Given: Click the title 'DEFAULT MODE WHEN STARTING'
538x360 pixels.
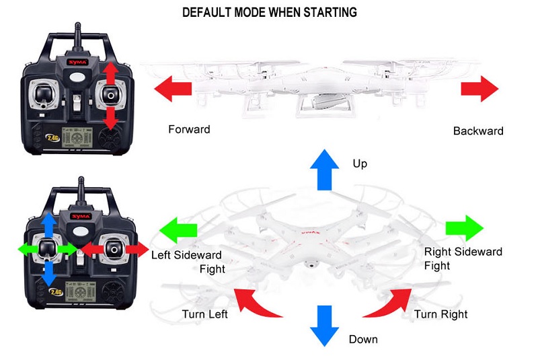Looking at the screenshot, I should (x=270, y=12).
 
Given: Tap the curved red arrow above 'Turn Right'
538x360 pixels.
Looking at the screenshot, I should (x=389, y=301).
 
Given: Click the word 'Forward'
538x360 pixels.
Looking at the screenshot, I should (x=189, y=129).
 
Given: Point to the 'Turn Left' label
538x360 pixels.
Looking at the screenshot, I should (x=204, y=314).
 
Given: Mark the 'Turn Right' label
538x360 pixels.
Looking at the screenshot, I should (x=440, y=314).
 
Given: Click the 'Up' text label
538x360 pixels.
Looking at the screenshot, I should (x=360, y=164).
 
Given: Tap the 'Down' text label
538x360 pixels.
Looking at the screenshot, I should (x=363, y=339).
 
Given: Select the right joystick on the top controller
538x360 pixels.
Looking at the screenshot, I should (x=110, y=95).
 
